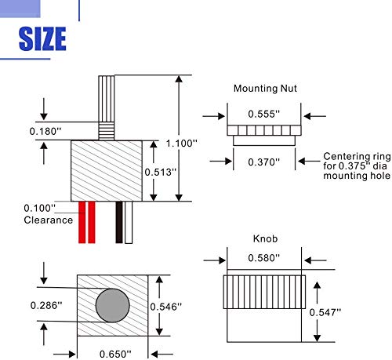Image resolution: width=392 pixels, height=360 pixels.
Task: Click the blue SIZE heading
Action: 42,38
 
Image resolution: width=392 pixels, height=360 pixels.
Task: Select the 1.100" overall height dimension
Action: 182,144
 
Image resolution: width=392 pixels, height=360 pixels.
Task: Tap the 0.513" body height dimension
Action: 161,172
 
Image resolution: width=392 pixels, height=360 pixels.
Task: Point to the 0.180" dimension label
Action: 45,131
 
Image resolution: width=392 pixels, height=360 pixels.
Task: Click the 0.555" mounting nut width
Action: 264,114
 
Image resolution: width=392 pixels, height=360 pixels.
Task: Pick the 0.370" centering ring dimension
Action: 264,162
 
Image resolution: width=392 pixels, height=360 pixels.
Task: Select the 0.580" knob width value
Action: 264,258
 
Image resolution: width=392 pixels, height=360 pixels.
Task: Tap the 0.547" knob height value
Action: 325,312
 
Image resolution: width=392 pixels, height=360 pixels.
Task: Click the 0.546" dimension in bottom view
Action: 166,307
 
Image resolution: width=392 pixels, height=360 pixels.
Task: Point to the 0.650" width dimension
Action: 115,355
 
